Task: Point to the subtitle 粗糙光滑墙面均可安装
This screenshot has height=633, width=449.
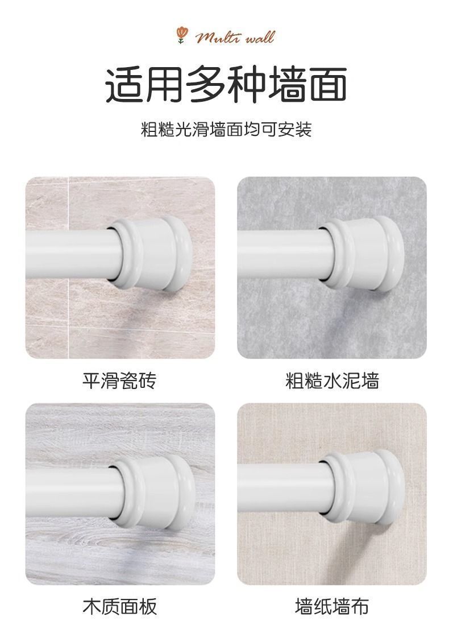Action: click(226, 129)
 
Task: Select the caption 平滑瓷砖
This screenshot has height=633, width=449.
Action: click(119, 380)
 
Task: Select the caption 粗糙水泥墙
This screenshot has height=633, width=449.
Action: click(332, 380)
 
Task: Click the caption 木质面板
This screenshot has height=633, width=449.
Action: click(119, 606)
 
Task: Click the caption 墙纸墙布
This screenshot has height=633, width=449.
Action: click(332, 606)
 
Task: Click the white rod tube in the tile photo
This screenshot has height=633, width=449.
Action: click(69, 254)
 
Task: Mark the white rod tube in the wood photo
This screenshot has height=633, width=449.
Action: click(69, 492)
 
